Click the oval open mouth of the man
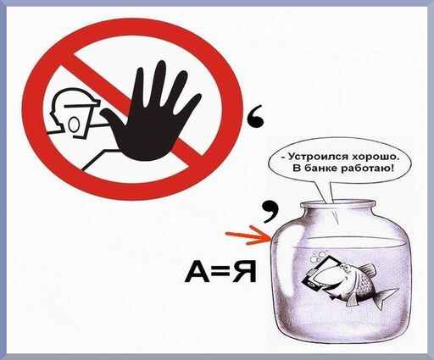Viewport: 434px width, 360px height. tap(74, 125)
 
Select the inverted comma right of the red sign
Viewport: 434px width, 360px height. tap(256, 118)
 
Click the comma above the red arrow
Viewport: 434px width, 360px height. tap(270, 211)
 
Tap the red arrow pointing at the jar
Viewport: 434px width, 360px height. tap(248, 235)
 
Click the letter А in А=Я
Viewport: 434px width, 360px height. tap(197, 271)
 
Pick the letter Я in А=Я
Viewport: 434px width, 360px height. tap(244, 271)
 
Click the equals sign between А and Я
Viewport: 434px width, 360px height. tap(221, 272)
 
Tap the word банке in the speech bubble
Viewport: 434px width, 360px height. tap(320, 169)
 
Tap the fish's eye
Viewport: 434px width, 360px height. tap(343, 267)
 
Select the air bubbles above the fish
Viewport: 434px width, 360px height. tap(318, 256)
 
